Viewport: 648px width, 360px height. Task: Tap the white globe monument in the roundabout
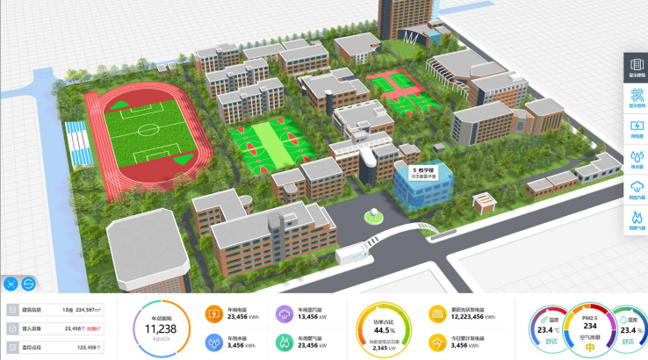[374, 213]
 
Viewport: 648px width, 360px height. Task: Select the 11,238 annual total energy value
[161, 328]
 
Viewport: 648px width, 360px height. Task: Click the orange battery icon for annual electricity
[214, 314]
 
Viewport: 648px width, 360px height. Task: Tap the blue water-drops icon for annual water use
[214, 342]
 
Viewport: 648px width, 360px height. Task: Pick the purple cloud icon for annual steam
[284, 314]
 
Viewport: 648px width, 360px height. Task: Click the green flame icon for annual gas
[284, 342]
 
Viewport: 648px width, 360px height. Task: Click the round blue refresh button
[29, 284]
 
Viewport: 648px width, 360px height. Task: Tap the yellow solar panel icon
[436, 314]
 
